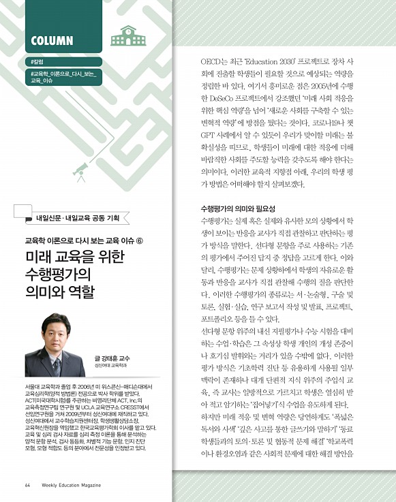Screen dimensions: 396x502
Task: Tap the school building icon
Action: [x=123, y=36]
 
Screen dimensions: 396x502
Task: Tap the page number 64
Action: [x=27, y=485]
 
